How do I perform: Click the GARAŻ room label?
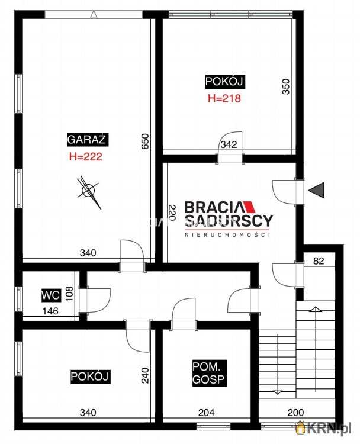(88, 139)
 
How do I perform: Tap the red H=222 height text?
(85, 157)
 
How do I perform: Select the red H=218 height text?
(224, 98)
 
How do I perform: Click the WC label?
(51, 295)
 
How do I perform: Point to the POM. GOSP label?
(210, 373)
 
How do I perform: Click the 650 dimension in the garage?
(144, 141)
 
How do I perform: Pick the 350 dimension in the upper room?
(286, 86)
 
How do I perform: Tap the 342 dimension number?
(229, 144)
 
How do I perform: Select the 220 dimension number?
(172, 213)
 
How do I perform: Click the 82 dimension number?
(319, 261)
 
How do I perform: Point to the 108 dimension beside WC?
(69, 294)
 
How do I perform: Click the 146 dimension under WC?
(50, 311)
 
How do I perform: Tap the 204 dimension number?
(206, 413)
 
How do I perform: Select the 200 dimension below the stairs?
(295, 413)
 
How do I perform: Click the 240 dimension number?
(145, 375)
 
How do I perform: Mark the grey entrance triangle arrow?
(317, 190)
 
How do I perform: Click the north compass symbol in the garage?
(89, 191)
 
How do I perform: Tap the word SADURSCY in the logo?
(229, 221)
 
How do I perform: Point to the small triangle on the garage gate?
(94, 14)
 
